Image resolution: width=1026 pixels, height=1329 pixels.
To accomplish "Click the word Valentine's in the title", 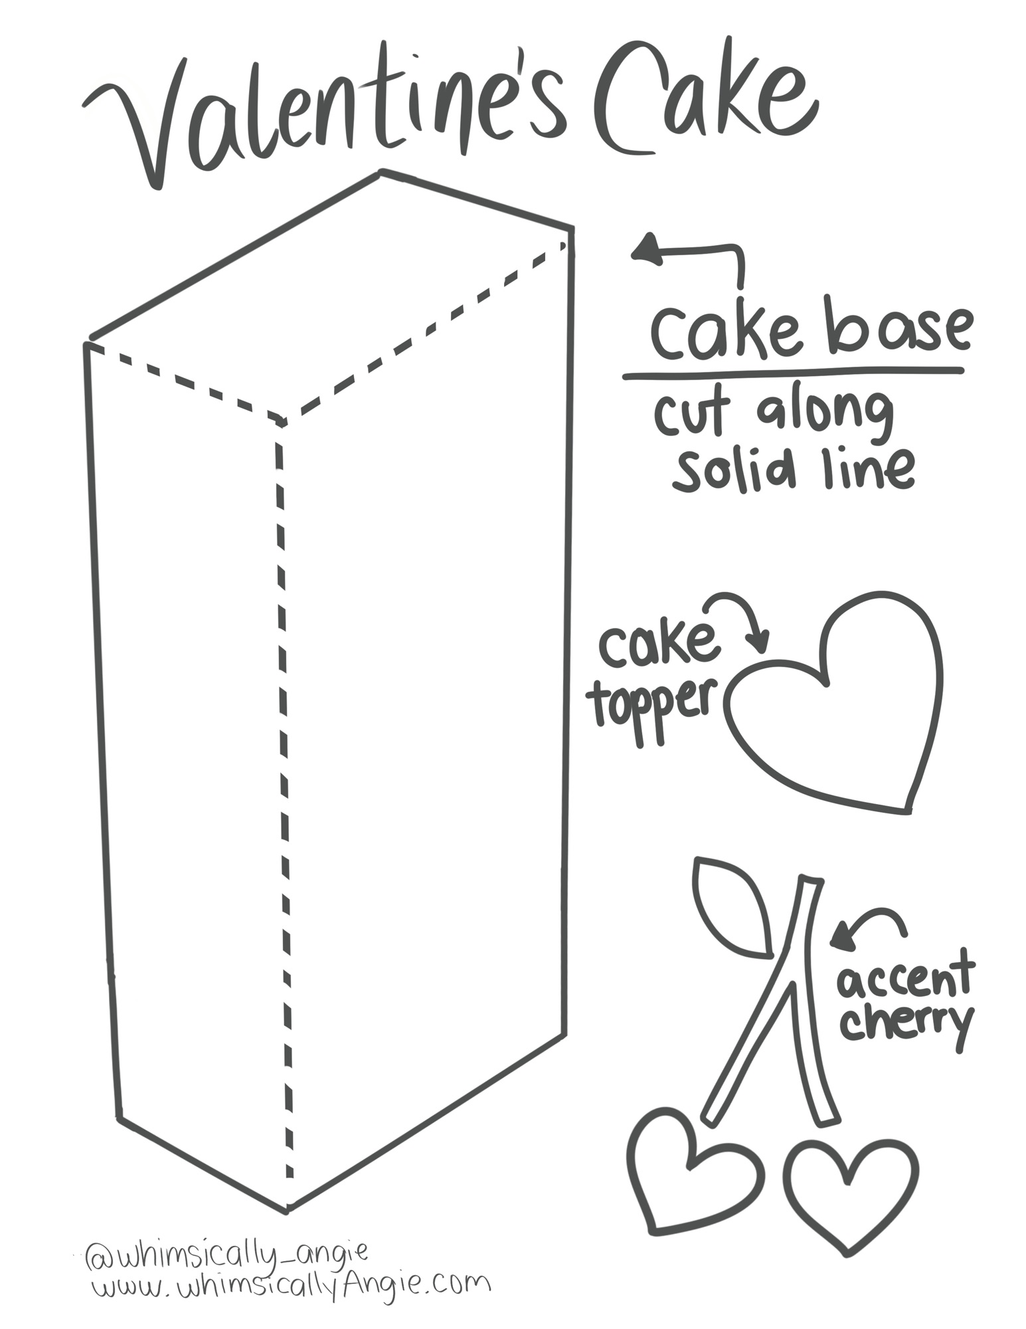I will coord(325,113).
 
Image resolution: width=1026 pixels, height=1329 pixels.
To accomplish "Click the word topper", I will coord(654,708).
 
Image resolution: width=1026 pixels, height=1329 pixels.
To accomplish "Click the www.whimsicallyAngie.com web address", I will coord(292,1286).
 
